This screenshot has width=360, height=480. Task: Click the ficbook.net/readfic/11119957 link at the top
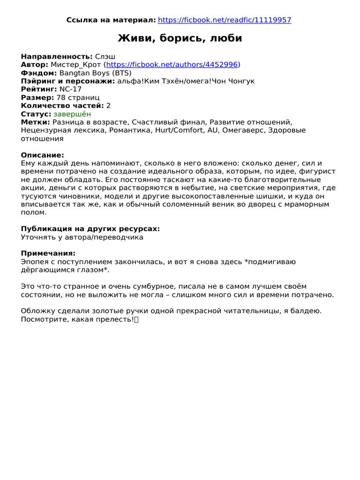[x=225, y=20]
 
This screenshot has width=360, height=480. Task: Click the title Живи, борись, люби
[x=180, y=38]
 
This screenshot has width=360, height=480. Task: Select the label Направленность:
[x=57, y=56]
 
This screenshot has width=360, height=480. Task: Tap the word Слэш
[x=105, y=56]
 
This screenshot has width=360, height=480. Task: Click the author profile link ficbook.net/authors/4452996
[x=172, y=65]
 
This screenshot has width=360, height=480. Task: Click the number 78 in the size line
[x=61, y=97]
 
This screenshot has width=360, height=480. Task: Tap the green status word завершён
[x=72, y=114]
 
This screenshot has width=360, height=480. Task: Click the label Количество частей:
[x=62, y=105]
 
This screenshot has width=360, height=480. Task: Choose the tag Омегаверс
[x=242, y=130]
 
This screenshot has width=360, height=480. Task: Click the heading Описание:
[x=42, y=155]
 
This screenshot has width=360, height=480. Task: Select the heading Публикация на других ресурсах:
[x=90, y=229]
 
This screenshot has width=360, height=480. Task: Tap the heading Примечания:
[x=48, y=254]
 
